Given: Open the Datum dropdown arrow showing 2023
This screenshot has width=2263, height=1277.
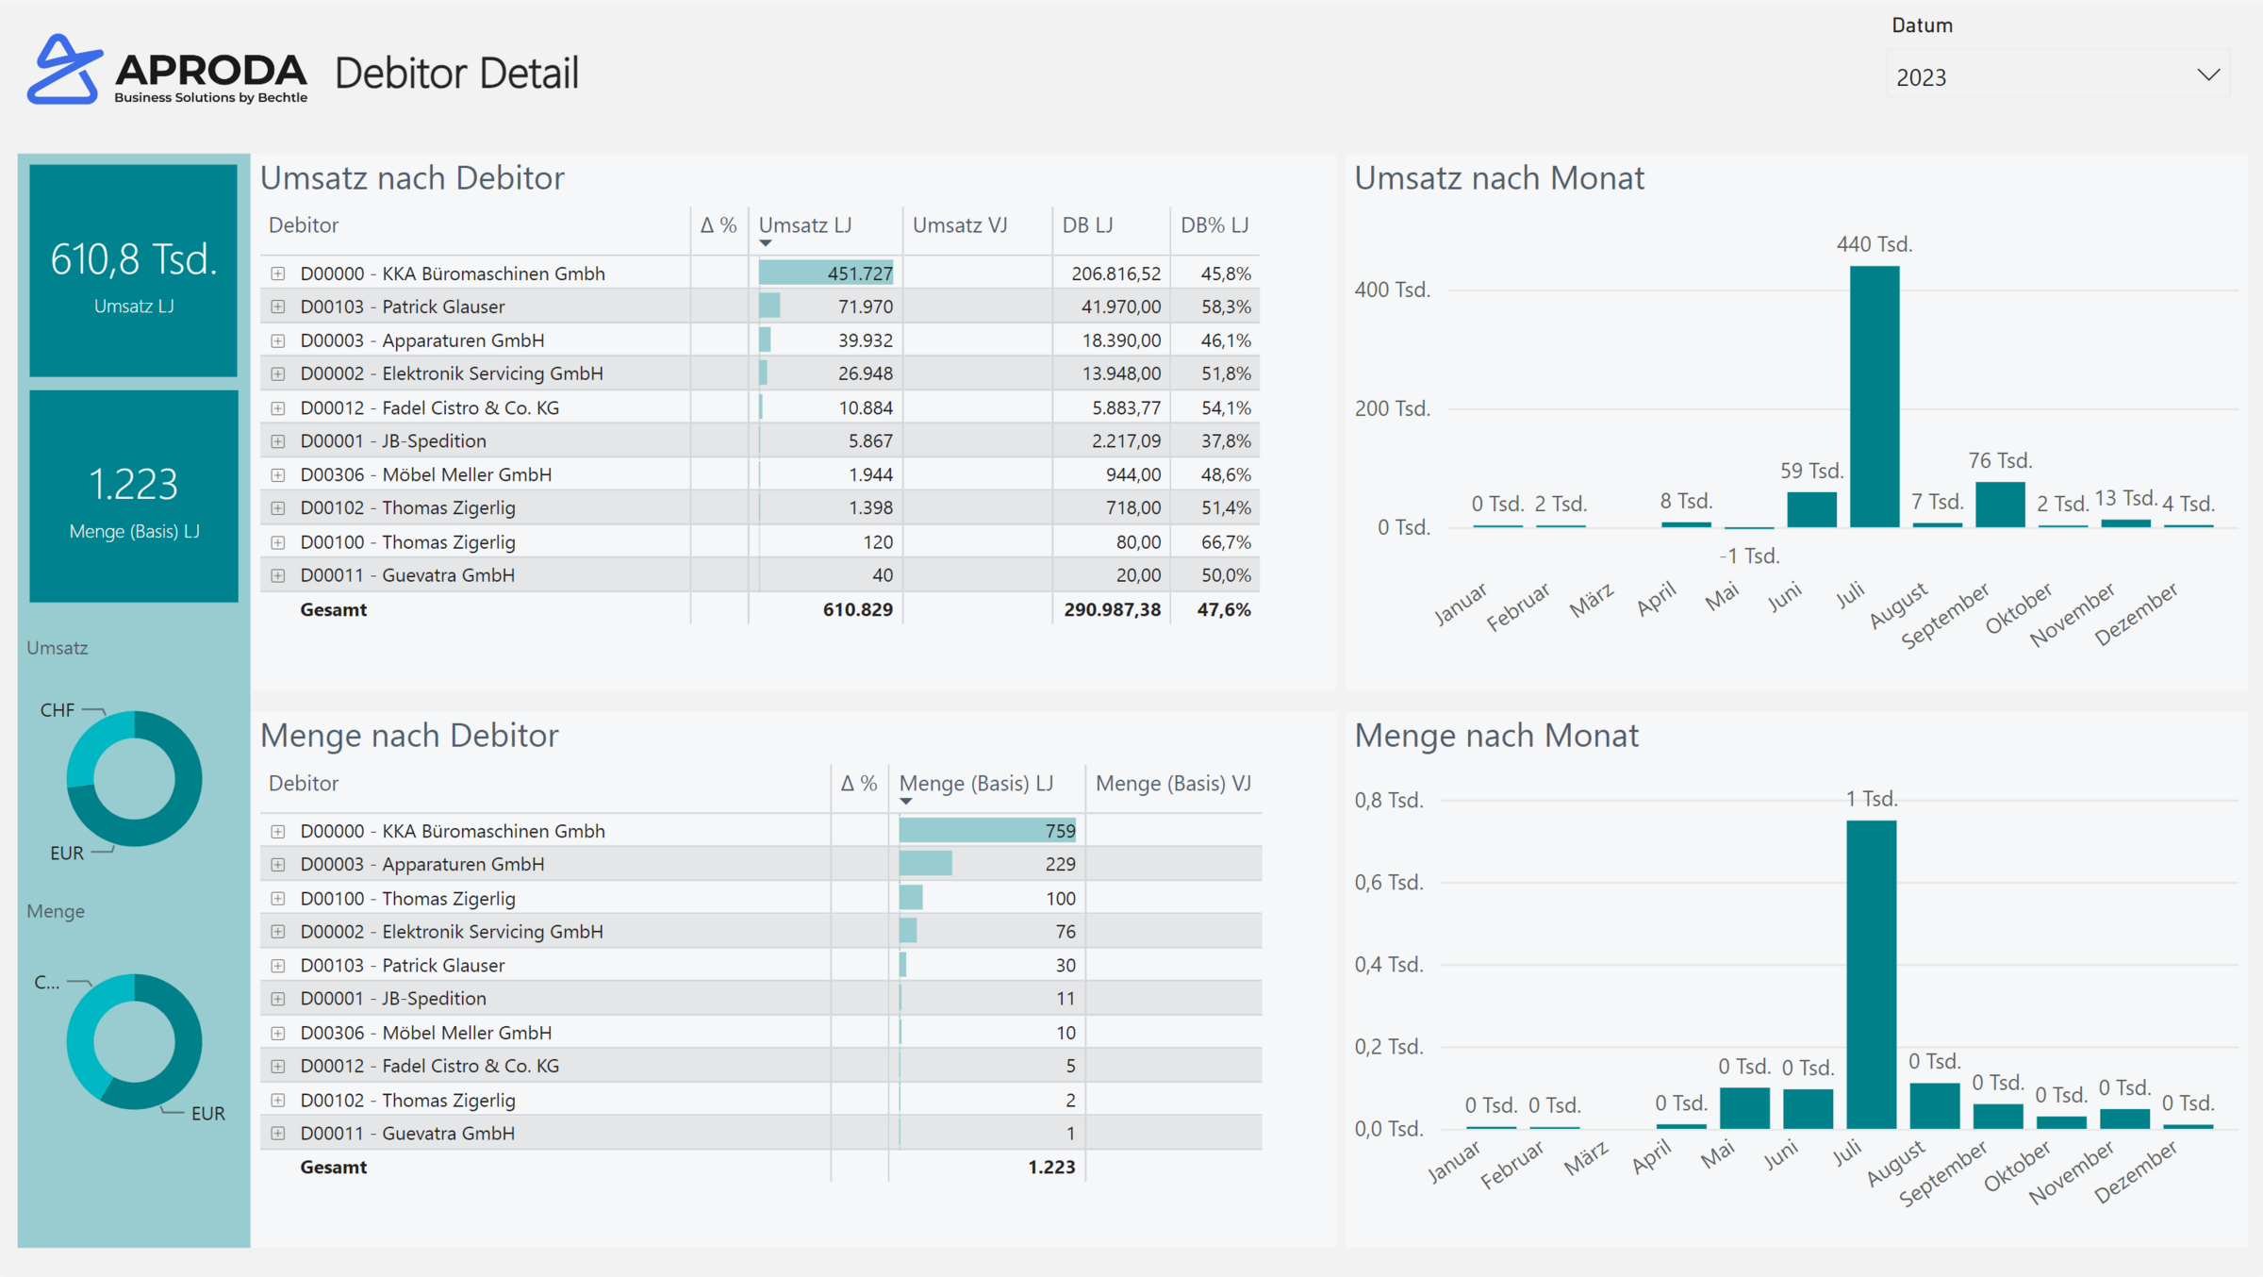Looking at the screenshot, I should pos(2207,75).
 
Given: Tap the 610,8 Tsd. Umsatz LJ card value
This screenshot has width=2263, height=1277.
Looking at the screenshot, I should pos(133,260).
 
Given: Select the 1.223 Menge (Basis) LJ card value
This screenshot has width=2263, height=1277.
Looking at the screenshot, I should pos(133,485).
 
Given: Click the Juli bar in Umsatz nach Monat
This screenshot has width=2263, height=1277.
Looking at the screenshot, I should pos(1874,396).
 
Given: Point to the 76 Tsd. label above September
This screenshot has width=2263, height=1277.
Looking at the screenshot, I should pos(1999,461).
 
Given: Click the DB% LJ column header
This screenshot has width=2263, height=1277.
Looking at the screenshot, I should pos(1214,225).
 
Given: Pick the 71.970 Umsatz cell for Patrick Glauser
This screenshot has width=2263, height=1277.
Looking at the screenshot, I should pos(865,307).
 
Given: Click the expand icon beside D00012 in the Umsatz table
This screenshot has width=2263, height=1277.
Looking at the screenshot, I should pos(278,408).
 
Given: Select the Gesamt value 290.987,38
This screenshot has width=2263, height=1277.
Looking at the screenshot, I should pos(1112,610).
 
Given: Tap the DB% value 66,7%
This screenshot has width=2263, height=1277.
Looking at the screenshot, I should pos(1225,542).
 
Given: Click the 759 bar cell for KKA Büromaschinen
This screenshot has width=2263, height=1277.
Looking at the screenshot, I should pos(987,831).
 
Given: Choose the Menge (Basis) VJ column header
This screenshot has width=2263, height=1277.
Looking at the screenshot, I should pos(1172,784).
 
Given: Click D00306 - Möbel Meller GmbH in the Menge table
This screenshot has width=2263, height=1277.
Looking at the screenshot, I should pos(425,1033).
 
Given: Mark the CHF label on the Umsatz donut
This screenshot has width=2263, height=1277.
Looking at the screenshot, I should pos(57,710).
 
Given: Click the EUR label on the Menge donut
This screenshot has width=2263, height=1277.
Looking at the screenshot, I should pos(207,1114).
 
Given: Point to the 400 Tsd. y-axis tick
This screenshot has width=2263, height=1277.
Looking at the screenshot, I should pos(1392,290).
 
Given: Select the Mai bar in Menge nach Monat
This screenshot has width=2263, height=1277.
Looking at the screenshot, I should pos(1743,1108).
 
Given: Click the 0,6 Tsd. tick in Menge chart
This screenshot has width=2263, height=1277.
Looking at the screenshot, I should pos(1388,883).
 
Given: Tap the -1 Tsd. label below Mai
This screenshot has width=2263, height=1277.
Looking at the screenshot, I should pos(1749,556).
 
